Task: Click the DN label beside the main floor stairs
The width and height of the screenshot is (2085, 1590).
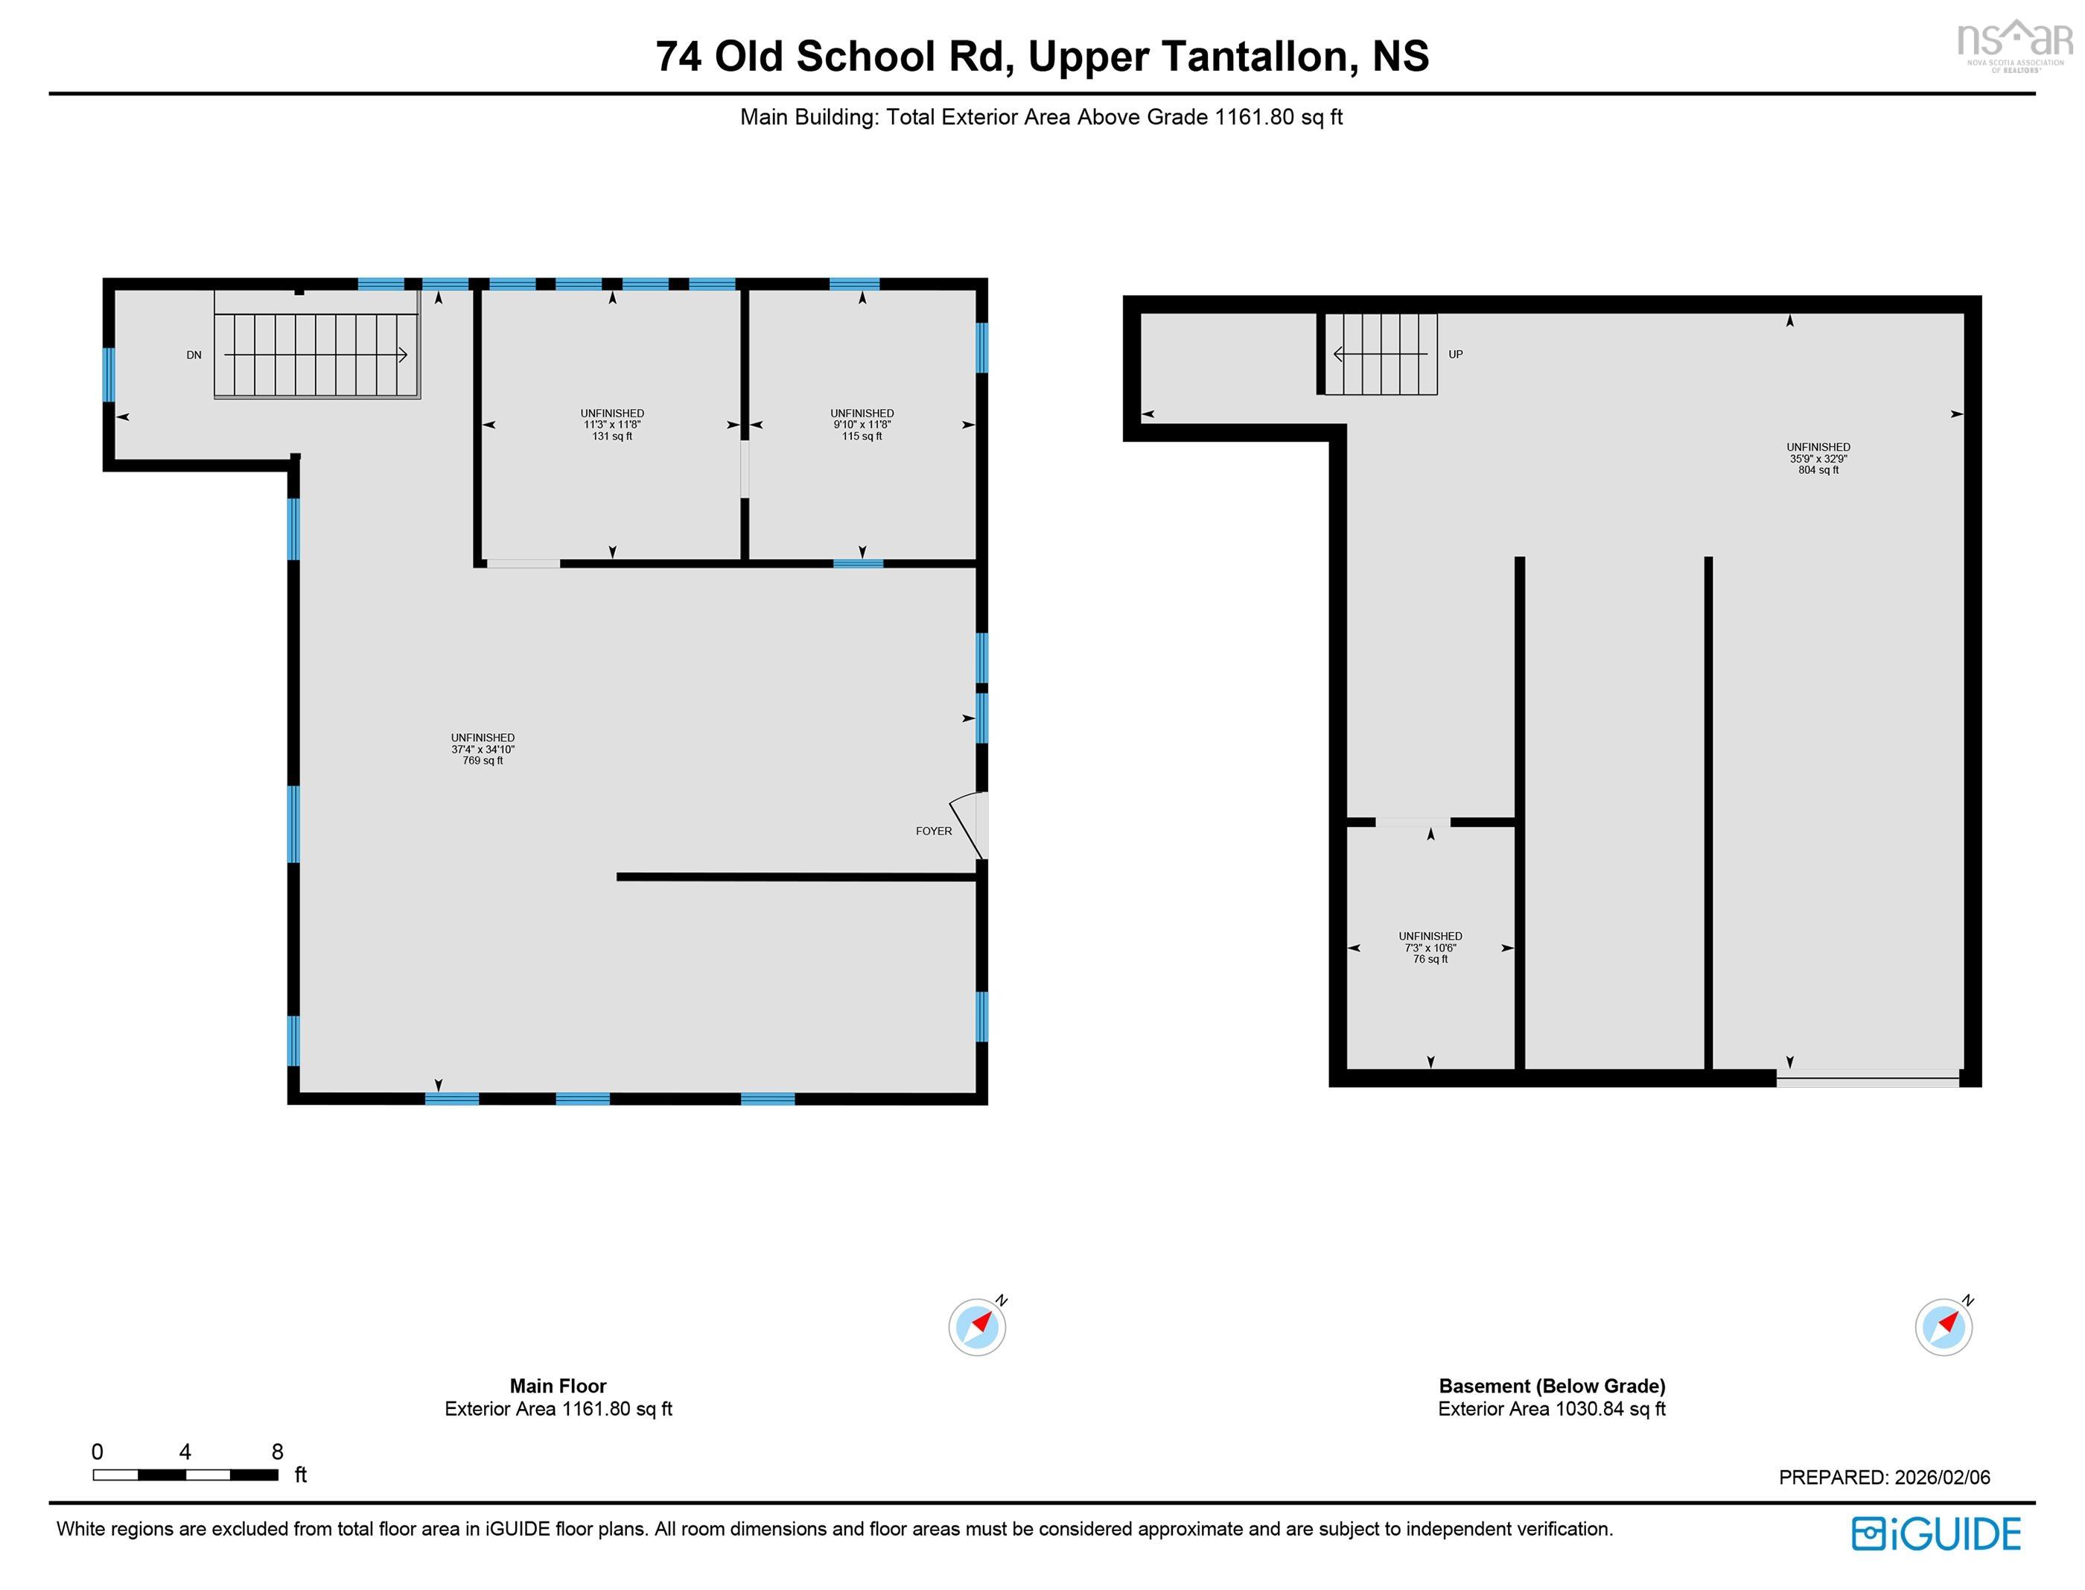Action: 194,355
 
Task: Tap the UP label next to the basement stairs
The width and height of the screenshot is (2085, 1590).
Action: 1455,354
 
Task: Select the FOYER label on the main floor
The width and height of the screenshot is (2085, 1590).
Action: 933,831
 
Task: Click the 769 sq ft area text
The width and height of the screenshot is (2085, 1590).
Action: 483,761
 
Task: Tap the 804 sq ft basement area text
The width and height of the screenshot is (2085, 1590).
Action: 1817,470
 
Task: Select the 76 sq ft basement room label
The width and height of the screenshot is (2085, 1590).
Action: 1430,959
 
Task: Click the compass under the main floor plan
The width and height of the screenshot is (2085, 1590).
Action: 977,1327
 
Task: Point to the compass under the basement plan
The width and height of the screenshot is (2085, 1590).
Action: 1943,1327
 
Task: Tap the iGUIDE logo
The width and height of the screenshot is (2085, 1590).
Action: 1935,1533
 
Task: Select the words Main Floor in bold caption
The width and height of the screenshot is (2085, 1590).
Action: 558,1386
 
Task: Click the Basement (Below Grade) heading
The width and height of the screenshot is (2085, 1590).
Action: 1551,1386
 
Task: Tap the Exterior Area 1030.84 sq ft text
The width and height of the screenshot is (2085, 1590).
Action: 1551,1409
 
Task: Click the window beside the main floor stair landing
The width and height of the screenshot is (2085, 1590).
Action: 109,375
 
